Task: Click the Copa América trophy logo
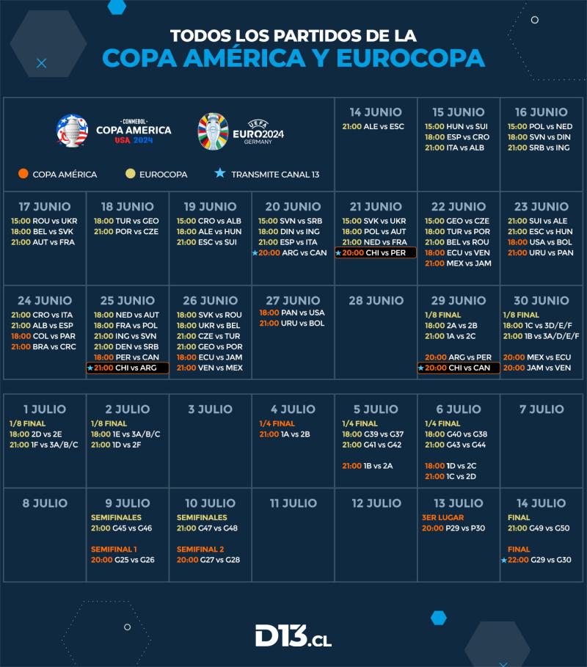point(72,131)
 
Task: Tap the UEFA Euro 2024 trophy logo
point(213,131)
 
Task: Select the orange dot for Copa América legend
point(23,175)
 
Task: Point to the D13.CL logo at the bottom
point(293,636)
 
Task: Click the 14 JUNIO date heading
point(376,112)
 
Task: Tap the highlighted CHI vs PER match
point(376,252)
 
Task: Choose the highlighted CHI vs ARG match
point(128,368)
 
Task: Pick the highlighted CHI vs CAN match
point(459,368)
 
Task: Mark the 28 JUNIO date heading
point(376,301)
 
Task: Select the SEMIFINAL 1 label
point(114,549)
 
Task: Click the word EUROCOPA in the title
point(411,58)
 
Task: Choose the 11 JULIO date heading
point(293,503)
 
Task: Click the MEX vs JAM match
point(458,263)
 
